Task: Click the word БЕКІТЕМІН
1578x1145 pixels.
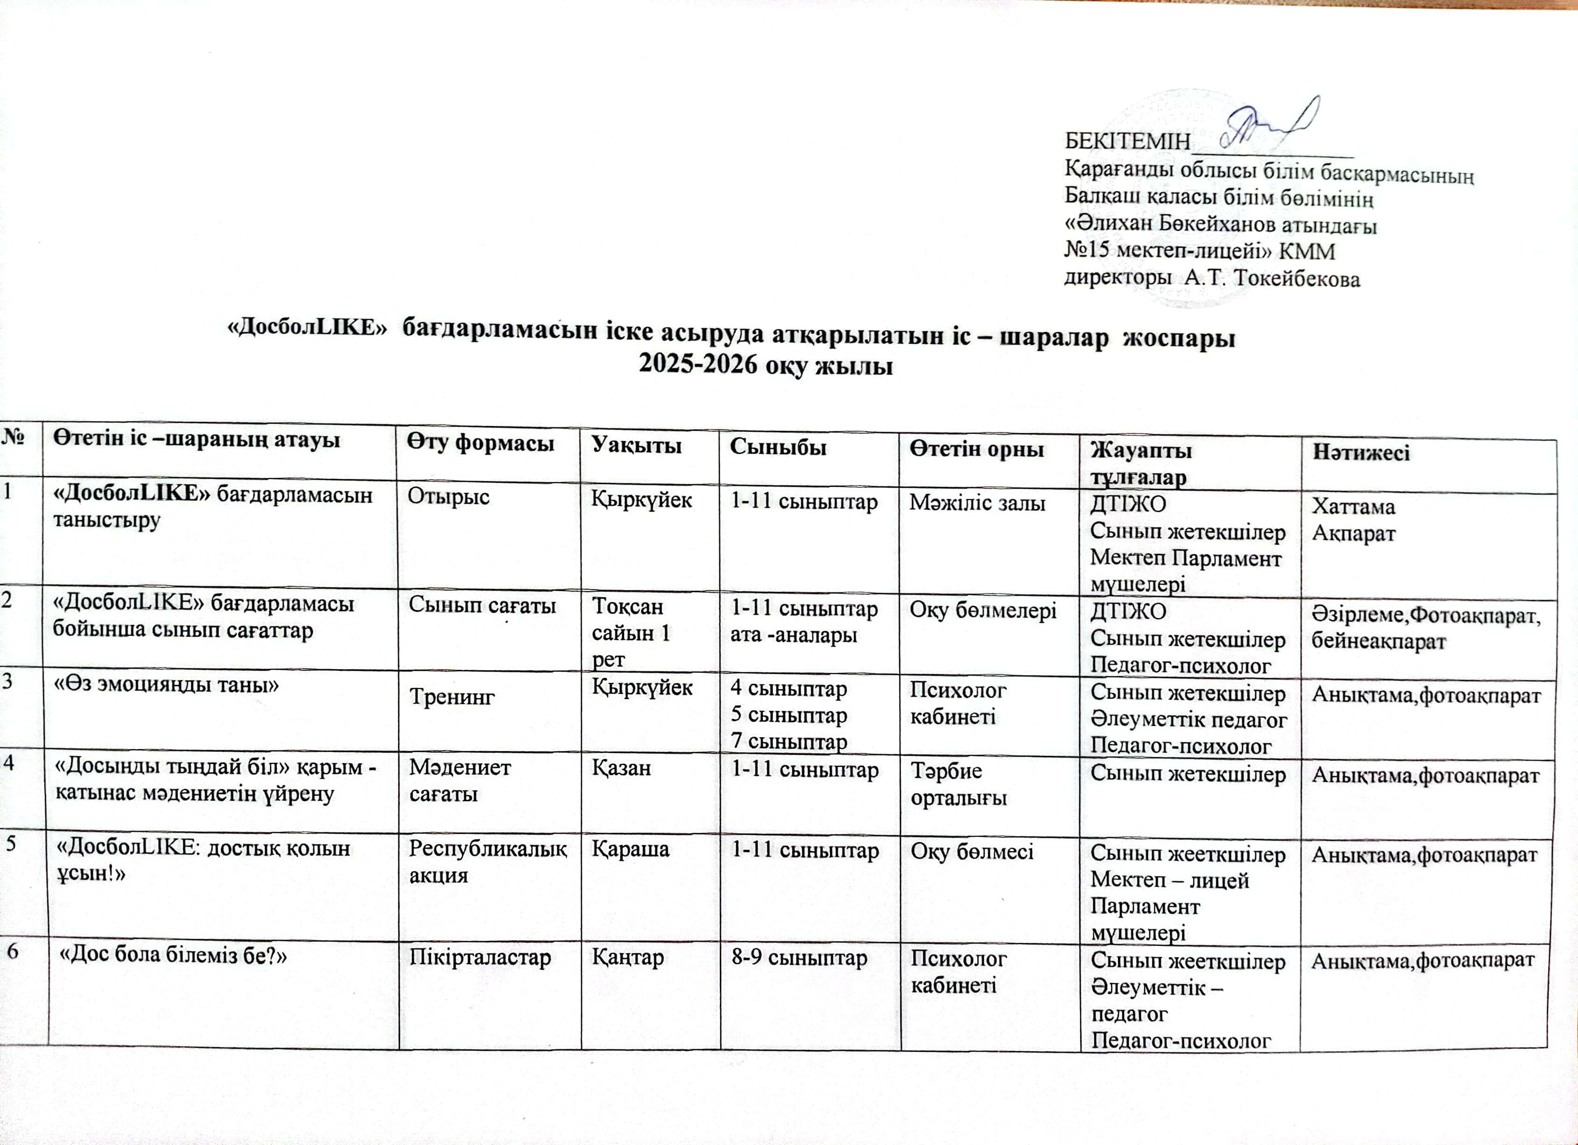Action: pyautogui.click(x=1127, y=141)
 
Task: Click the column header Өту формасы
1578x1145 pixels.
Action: pyautogui.click(x=481, y=443)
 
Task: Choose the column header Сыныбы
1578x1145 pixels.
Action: pyautogui.click(x=777, y=447)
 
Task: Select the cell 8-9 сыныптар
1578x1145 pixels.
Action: pyautogui.click(x=799, y=958)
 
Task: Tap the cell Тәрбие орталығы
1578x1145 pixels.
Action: pyautogui.click(x=959, y=784)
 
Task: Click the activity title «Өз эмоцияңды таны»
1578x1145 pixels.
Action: pyautogui.click(x=166, y=685)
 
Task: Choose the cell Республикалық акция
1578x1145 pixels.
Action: pyautogui.click(x=488, y=862)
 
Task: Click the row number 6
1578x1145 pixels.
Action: pyautogui.click(x=13, y=952)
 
